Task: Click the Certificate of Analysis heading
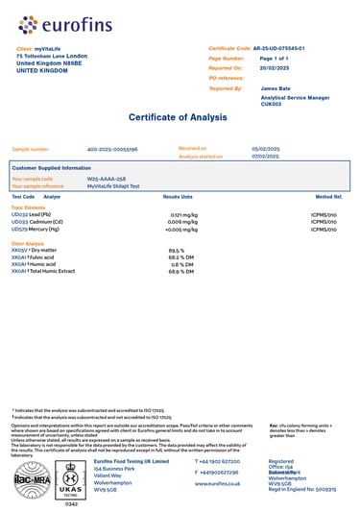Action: pyautogui.click(x=180, y=117)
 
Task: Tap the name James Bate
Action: pyautogui.click(x=275, y=88)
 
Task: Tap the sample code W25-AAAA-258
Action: pyautogui.click(x=107, y=179)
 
